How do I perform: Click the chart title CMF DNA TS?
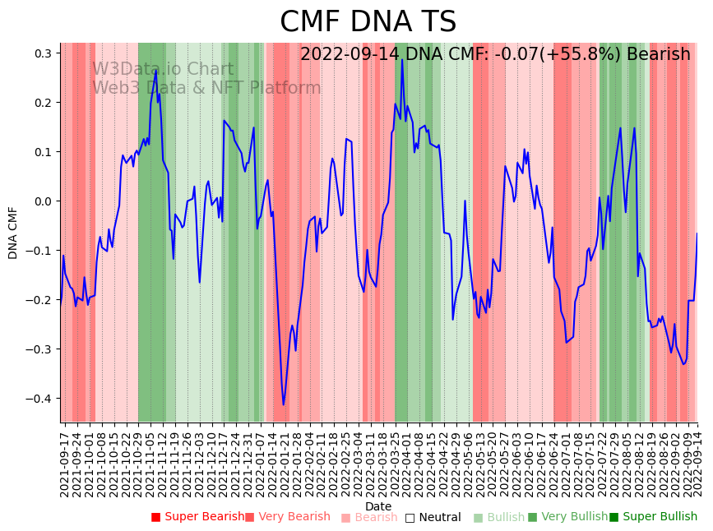368,22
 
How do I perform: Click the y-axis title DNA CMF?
13,233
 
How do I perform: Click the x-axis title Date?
378,506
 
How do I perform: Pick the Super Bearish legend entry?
197,517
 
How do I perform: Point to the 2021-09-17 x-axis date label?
64,460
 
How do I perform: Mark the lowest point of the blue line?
284,404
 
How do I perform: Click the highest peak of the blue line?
402,59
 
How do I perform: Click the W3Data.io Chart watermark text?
163,70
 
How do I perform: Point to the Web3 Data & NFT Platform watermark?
206,88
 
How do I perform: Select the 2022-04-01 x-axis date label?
406,460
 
